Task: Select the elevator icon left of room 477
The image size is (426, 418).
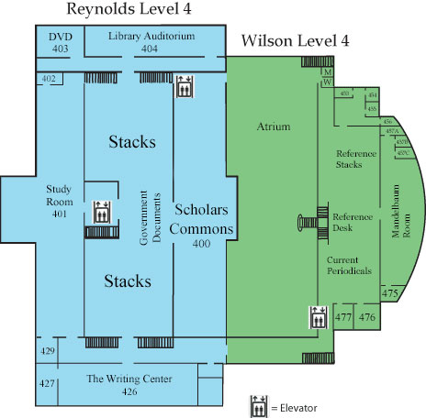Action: click(318, 317)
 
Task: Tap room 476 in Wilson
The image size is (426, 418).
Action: click(367, 317)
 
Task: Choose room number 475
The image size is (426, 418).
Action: click(389, 293)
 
